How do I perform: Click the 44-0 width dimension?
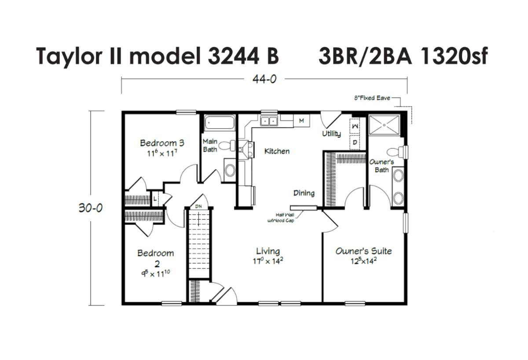pyautogui.click(x=264, y=79)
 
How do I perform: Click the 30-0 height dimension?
pyautogui.click(x=91, y=208)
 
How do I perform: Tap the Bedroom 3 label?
pyautogui.click(x=162, y=143)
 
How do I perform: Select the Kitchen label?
pyautogui.click(x=277, y=151)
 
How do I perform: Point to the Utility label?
pyautogui.click(x=331, y=134)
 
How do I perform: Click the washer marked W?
pyautogui.click(x=355, y=126)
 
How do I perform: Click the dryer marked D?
pyautogui.click(x=355, y=143)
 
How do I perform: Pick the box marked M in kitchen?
pyautogui.click(x=301, y=121)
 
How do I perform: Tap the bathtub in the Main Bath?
pyautogui.click(x=220, y=122)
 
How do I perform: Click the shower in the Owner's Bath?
pyautogui.click(x=384, y=125)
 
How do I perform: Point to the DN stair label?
pyautogui.click(x=198, y=206)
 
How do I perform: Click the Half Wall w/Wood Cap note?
pyautogui.click(x=281, y=218)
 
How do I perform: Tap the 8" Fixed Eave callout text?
pyautogui.click(x=372, y=98)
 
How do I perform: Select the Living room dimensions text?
pyautogui.click(x=268, y=261)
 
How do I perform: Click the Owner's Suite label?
pyautogui.click(x=363, y=251)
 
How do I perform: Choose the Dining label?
pyautogui.click(x=304, y=193)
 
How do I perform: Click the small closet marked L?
pyautogui.click(x=155, y=198)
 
